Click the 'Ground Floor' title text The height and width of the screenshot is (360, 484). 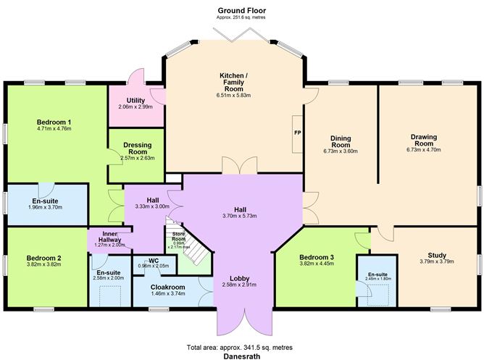[241, 10]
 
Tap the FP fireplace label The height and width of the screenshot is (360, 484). [297, 134]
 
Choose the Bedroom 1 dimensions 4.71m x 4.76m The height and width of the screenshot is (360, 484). [54, 129]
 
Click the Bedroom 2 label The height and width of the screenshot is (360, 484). [43, 258]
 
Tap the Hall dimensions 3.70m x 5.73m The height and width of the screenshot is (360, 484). [240, 215]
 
